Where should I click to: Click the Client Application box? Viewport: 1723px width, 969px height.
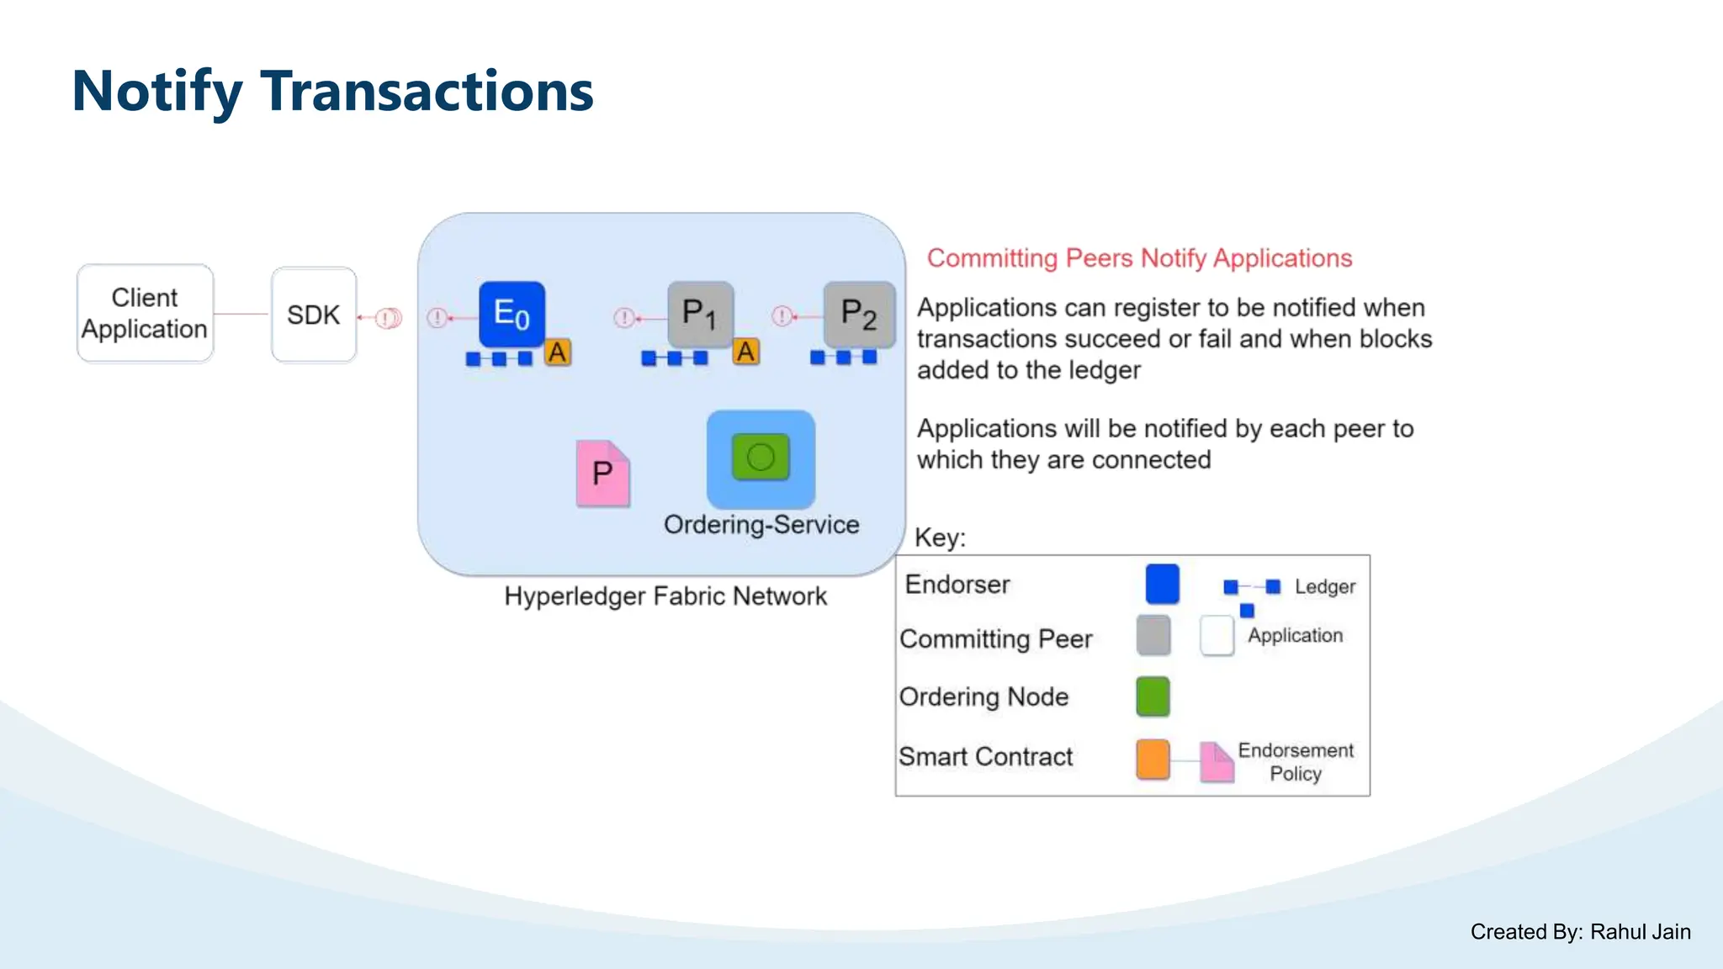click(145, 314)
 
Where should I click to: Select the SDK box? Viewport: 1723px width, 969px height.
click(314, 315)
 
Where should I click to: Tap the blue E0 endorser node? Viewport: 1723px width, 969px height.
click(512, 314)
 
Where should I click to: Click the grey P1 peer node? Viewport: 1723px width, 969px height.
click(700, 314)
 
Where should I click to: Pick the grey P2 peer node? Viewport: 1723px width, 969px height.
click(858, 314)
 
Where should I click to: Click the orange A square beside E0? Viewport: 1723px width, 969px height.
click(557, 352)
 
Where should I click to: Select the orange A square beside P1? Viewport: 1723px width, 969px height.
click(745, 352)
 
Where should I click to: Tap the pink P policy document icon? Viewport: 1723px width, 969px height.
click(602, 474)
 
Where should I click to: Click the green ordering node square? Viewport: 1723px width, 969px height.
click(761, 458)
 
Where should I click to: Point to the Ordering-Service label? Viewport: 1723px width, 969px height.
click(761, 525)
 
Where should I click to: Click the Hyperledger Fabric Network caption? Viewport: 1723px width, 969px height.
click(665, 596)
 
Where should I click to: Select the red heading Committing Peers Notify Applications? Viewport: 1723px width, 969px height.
click(1139, 258)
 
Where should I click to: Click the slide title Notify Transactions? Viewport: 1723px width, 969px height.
click(333, 91)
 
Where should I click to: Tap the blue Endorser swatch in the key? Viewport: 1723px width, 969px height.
click(1162, 585)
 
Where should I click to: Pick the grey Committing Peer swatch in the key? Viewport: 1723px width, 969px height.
click(1153, 636)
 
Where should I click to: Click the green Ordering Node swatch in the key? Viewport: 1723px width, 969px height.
click(1153, 696)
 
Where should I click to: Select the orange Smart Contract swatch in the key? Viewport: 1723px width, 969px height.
click(1153, 759)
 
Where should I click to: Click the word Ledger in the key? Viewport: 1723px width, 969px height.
click(1324, 587)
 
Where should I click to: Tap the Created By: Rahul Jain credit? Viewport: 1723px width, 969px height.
click(1580, 932)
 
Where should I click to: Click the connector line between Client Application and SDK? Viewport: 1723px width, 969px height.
click(241, 315)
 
